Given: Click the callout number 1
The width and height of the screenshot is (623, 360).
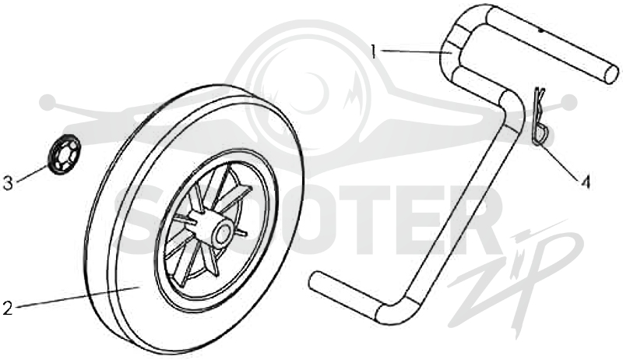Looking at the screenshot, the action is pyautogui.click(x=373, y=51).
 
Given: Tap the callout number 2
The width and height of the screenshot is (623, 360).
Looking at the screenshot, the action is pyautogui.click(x=7, y=308).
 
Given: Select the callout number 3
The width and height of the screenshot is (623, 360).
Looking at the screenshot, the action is pyautogui.click(x=8, y=183).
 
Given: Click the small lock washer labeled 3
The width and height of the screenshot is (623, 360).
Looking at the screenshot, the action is pyautogui.click(x=64, y=154).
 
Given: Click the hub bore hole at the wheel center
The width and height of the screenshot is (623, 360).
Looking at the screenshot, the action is pyautogui.click(x=224, y=235).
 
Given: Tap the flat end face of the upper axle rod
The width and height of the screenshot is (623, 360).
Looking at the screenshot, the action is pyautogui.click(x=612, y=74).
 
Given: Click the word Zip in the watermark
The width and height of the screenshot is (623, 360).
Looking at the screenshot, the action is pyautogui.click(x=516, y=278).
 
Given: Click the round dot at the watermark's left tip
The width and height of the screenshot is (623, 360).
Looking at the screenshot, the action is pyautogui.click(x=48, y=102).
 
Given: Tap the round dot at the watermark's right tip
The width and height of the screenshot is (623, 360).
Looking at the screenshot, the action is pyautogui.click(x=569, y=102).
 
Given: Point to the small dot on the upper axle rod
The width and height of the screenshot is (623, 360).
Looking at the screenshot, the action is pyautogui.click(x=541, y=30).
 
